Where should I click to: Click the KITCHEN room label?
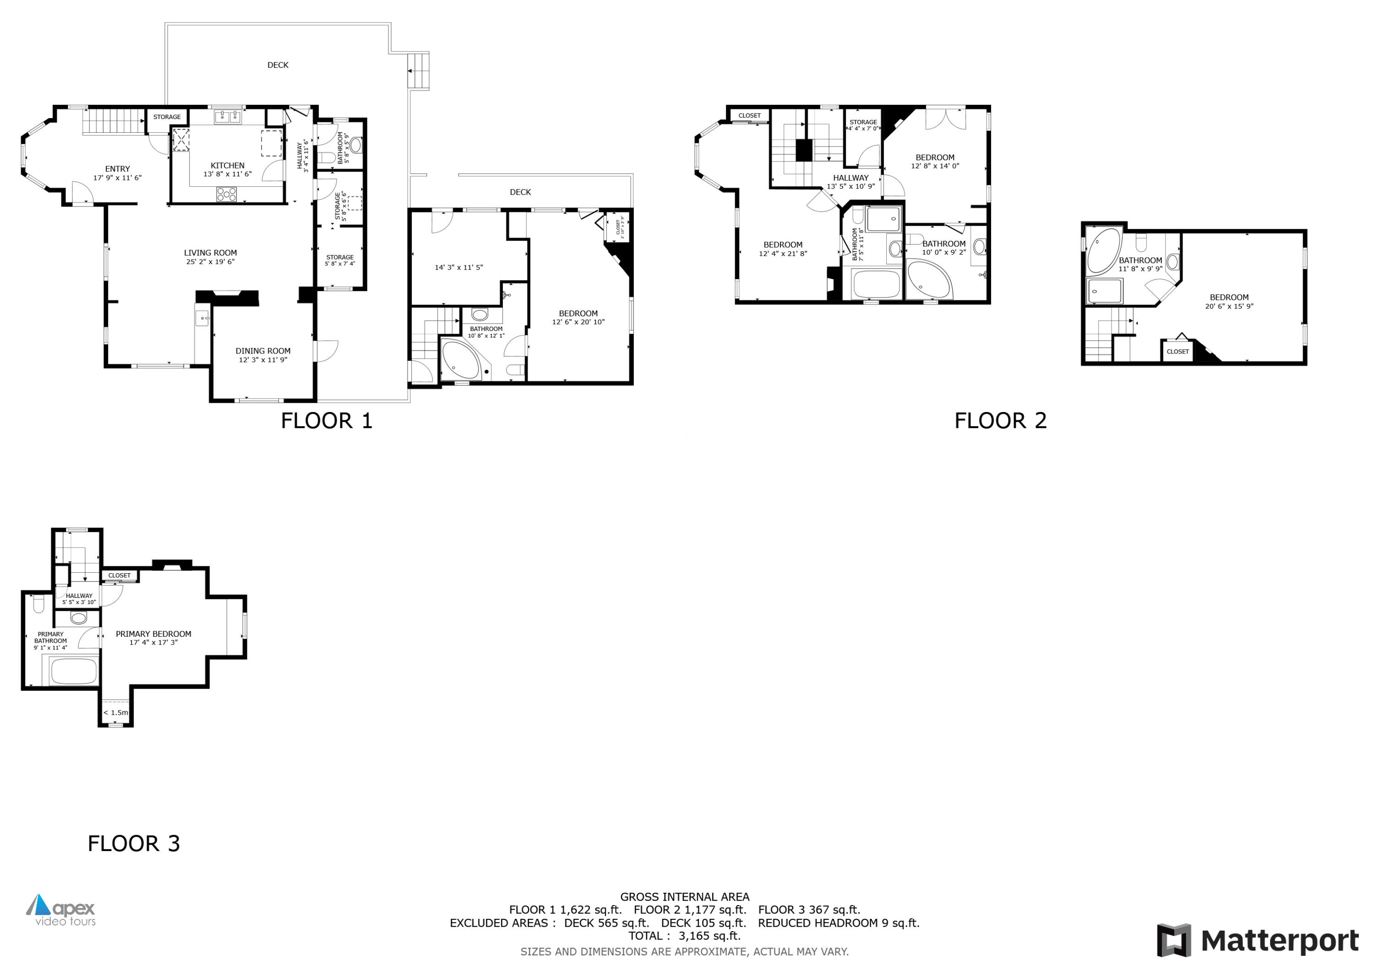tap(228, 166)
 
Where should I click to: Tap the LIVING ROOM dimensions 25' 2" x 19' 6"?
tap(210, 261)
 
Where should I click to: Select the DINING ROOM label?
tap(263, 351)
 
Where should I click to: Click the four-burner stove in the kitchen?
tap(226, 194)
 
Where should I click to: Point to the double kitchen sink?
tap(228, 117)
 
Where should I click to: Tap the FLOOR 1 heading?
tap(327, 421)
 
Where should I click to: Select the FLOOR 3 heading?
tap(133, 844)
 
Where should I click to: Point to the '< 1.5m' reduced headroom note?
tap(115, 712)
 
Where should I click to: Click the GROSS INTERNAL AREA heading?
tap(685, 897)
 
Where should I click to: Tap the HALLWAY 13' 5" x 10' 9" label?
tap(851, 182)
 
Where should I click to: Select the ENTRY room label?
tap(117, 169)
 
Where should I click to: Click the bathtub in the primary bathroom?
tap(74, 671)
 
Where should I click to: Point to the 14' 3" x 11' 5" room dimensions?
tap(458, 267)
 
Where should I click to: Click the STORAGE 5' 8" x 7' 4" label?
tap(340, 260)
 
